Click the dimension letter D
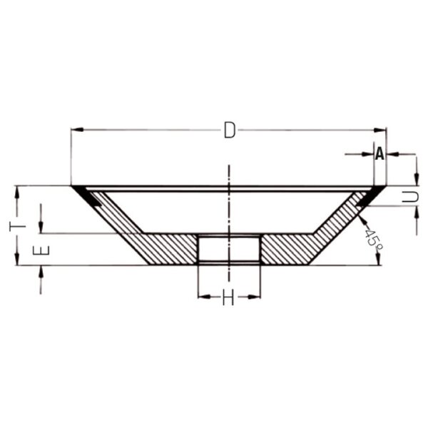[229, 131]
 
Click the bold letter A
[379, 154]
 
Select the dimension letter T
[17, 226]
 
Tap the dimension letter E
[41, 250]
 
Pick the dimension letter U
[410, 197]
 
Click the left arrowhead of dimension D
[77, 130]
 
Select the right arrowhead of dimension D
[380, 130]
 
